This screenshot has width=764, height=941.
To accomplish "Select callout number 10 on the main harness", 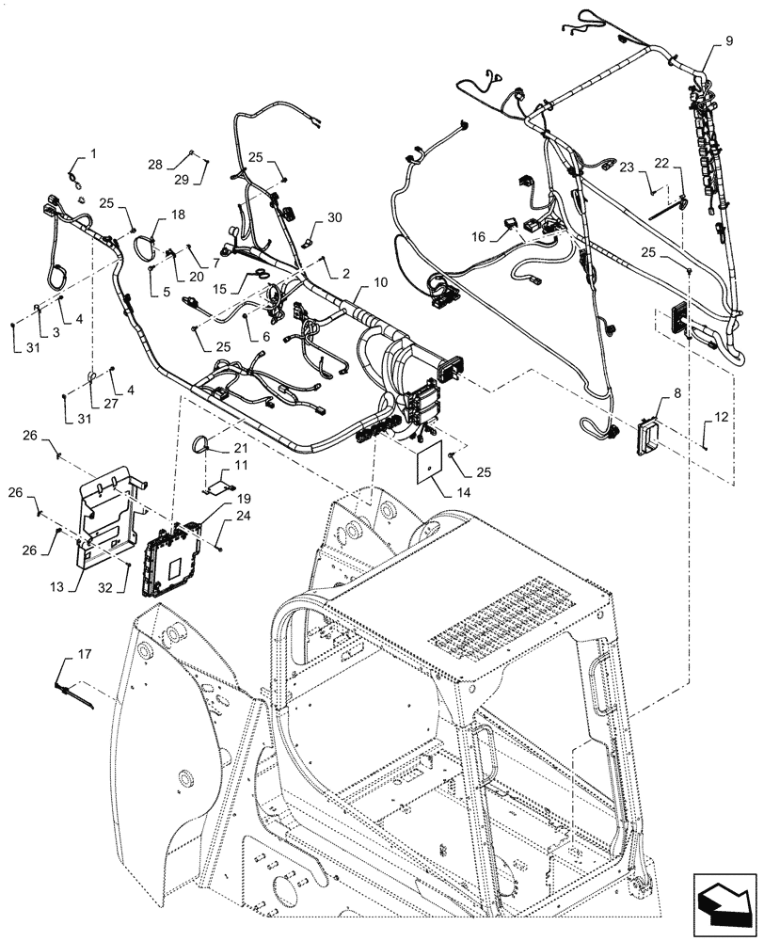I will coord(380,283).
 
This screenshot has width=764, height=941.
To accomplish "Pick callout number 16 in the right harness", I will coord(479,238).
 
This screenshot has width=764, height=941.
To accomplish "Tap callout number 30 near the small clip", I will coord(334,217).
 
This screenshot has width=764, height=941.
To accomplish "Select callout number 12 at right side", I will coord(721,416).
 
